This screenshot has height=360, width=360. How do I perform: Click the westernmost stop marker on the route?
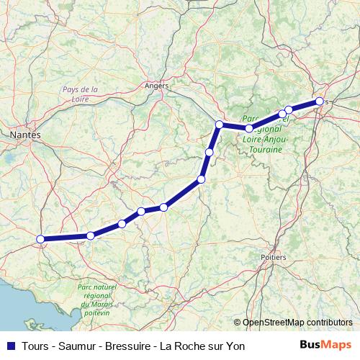tap(41, 239)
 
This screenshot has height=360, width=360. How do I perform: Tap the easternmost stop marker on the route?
tap(319, 102)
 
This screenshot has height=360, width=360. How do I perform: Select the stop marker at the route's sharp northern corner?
tap(219, 125)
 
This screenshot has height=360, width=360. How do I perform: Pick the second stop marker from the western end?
tap(91, 235)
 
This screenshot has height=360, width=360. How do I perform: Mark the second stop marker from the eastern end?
tap(289, 110)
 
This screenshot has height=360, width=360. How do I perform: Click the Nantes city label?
tap(25, 135)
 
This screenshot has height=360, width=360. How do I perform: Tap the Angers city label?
tap(156, 85)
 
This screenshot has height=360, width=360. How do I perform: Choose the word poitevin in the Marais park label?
tap(96, 313)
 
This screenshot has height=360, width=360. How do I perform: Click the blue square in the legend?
tap(9, 346)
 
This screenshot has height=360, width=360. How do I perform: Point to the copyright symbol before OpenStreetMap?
tap(237, 323)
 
